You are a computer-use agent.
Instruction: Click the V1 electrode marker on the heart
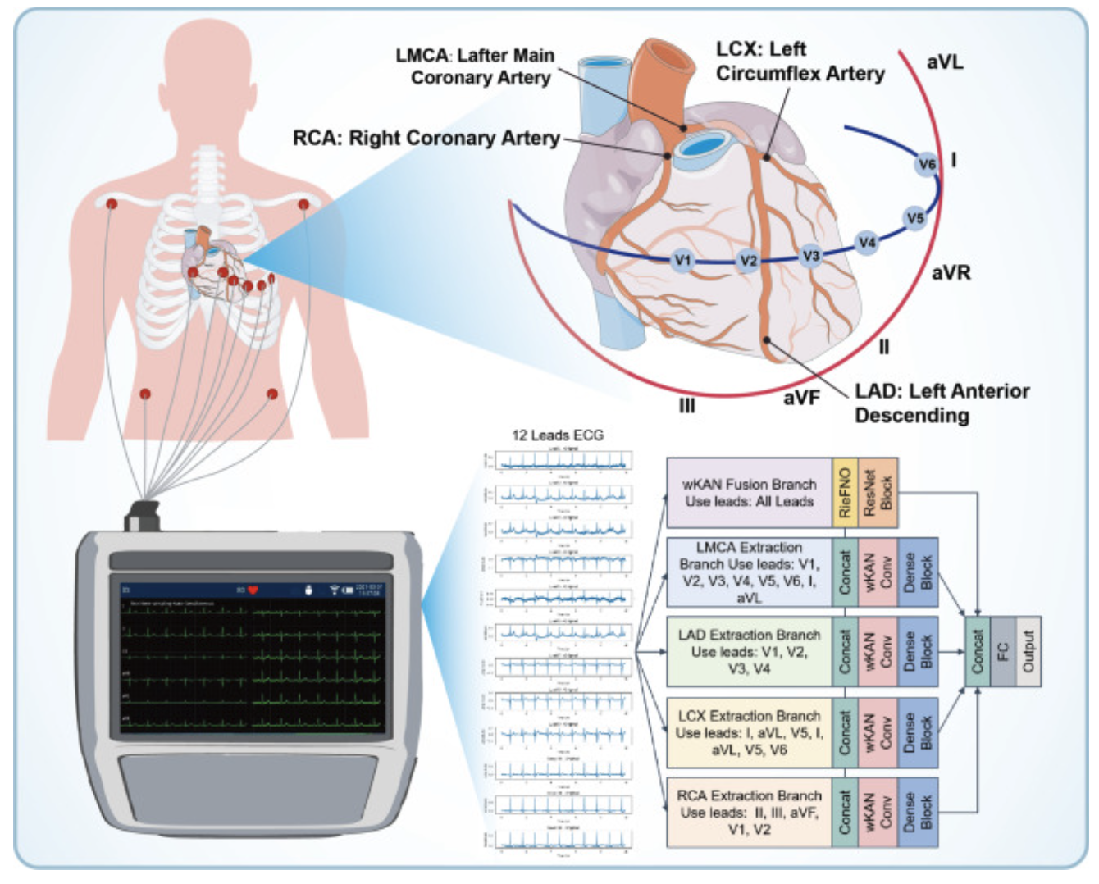coord(682,261)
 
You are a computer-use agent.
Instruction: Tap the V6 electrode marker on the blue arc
coord(926,164)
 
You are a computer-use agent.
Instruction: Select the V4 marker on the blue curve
coord(867,242)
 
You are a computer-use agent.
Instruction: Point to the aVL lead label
coord(945,62)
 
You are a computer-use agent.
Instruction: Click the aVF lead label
coord(801,397)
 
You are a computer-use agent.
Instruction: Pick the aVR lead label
coord(951,272)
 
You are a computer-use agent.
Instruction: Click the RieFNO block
coord(845,493)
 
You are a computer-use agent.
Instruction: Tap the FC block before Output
coord(1002,652)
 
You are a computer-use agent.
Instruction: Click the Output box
coord(1028,652)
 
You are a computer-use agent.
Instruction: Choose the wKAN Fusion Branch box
coord(749,493)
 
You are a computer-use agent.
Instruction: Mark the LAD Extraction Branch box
coord(749,652)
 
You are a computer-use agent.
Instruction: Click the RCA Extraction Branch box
coord(749,813)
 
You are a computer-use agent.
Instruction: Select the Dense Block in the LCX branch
coord(918,731)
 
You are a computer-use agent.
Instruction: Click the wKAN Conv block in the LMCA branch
coord(878,572)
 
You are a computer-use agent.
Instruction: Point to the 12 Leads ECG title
coord(558,435)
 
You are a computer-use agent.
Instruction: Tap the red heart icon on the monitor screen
coord(253,590)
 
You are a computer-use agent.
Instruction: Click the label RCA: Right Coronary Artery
coord(426,138)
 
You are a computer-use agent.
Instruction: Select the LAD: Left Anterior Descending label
coord(942,403)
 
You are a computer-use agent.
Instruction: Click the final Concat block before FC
coord(977,652)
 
